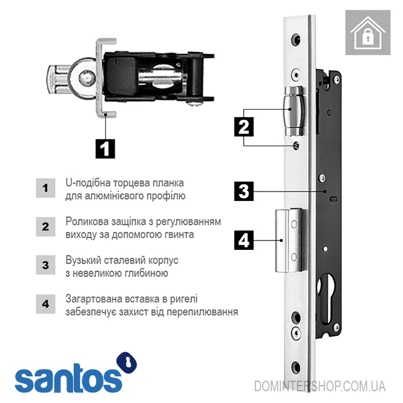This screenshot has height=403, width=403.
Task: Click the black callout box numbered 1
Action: click(105, 149)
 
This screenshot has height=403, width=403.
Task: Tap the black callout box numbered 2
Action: click(244, 126)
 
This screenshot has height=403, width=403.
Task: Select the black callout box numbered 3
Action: click(244, 191)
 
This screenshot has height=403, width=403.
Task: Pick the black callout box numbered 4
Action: click(244, 240)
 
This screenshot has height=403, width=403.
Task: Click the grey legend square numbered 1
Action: click(45, 188)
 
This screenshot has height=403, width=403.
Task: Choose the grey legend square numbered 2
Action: click(45, 226)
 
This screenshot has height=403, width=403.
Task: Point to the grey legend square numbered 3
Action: click(45, 265)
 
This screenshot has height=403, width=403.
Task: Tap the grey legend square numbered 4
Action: click(45, 304)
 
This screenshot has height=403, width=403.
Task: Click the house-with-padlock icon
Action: click(368, 33)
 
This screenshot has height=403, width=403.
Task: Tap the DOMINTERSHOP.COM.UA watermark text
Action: click(320, 386)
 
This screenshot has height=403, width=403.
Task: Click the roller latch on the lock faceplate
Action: click(294, 111)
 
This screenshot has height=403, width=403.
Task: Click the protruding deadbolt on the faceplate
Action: click(289, 241)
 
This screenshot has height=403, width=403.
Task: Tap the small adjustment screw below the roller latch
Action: click(296, 146)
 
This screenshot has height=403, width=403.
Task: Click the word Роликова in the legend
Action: click(87, 221)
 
